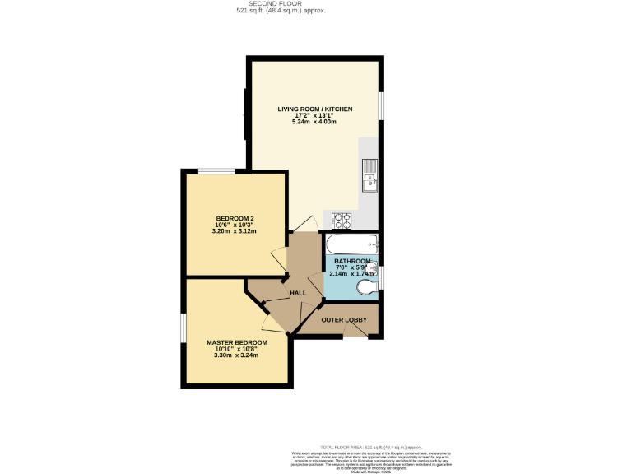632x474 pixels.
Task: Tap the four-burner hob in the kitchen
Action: (342, 221)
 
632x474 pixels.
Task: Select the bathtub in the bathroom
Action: (351, 244)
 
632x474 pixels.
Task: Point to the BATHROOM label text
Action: (351, 261)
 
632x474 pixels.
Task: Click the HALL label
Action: (298, 292)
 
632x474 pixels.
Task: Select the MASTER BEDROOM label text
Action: (236, 342)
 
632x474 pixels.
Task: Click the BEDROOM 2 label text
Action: (235, 218)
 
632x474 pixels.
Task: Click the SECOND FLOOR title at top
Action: (281, 4)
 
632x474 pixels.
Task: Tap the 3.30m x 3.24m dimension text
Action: (236, 355)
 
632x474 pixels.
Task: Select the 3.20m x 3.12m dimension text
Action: (235, 231)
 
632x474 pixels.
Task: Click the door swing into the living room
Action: (304, 222)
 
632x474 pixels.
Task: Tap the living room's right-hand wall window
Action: (381, 105)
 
